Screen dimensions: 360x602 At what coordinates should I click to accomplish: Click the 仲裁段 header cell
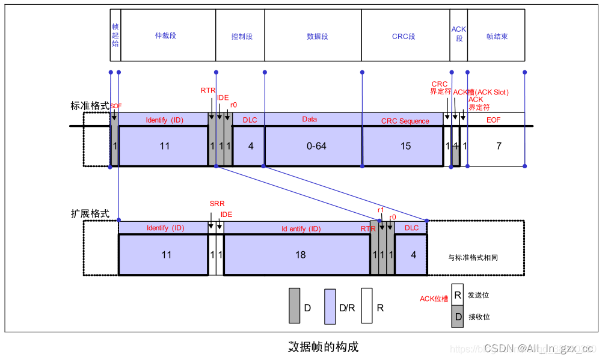(x=168, y=36)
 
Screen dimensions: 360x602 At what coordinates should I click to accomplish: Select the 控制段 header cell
(x=241, y=36)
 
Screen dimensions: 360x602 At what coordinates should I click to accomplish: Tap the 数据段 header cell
(x=313, y=36)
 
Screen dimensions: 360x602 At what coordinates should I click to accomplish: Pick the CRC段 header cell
(x=405, y=36)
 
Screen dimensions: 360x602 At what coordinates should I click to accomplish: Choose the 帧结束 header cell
(x=496, y=36)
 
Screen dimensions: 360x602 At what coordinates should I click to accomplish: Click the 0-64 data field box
(x=313, y=146)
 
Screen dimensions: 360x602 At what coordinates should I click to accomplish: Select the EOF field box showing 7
(x=498, y=146)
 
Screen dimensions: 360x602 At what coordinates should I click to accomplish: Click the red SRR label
(x=217, y=204)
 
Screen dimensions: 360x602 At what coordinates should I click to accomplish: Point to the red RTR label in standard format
(x=208, y=90)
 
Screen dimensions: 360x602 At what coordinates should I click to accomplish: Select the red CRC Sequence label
(x=405, y=121)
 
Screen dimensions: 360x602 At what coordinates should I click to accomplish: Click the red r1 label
(x=381, y=210)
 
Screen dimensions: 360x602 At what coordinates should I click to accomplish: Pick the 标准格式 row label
(x=90, y=106)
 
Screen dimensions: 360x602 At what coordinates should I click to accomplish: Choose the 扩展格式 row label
(x=90, y=214)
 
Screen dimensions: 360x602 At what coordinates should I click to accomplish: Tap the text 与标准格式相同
(x=473, y=257)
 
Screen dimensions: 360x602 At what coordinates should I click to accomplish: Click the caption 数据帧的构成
(x=323, y=347)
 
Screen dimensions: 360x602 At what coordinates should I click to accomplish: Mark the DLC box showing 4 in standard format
(x=250, y=146)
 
